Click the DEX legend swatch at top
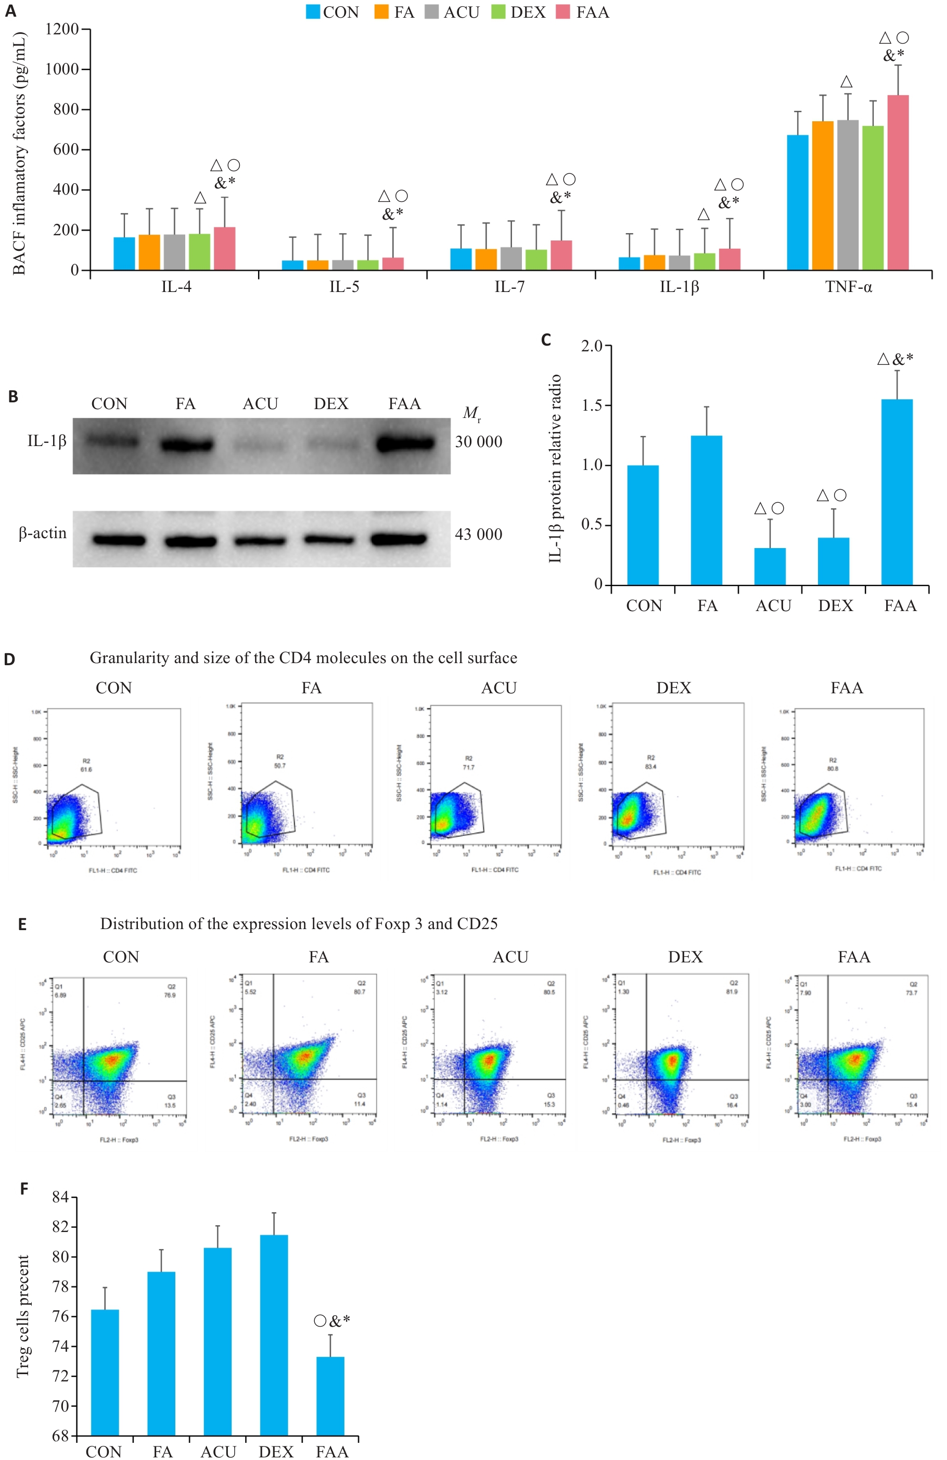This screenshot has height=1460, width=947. (x=498, y=11)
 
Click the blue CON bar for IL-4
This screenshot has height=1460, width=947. (x=124, y=253)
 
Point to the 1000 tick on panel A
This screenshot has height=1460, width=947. (x=62, y=69)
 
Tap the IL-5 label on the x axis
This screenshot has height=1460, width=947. (x=344, y=286)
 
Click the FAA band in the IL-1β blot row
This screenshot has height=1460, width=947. (x=405, y=443)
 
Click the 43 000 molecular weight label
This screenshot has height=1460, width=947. (x=478, y=535)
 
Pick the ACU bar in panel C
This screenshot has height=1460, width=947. (x=770, y=566)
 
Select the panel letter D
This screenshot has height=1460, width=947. (x=9, y=659)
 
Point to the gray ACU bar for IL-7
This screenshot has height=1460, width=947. (x=511, y=258)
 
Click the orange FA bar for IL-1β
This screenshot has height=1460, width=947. (x=655, y=262)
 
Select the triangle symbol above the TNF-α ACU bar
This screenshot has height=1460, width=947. (x=847, y=82)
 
